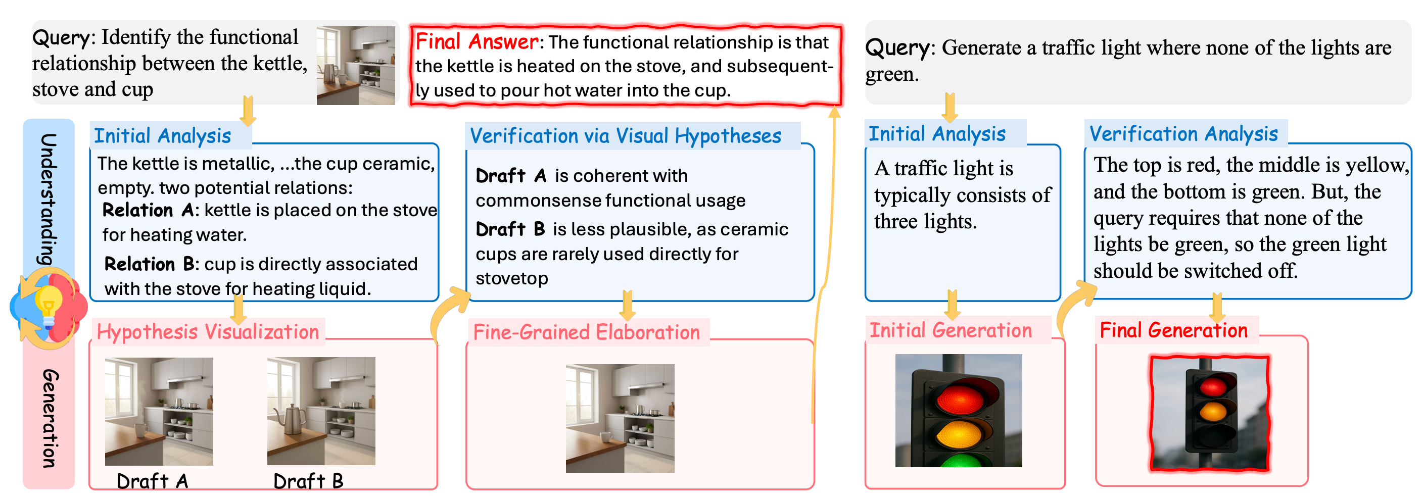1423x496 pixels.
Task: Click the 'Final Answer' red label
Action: (477, 41)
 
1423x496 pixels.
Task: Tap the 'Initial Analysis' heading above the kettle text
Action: (162, 135)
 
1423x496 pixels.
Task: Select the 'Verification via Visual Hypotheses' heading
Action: (625, 136)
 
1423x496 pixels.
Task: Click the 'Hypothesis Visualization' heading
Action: (208, 331)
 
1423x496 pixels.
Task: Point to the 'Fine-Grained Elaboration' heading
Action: (587, 332)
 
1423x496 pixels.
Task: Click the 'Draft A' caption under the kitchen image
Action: (153, 481)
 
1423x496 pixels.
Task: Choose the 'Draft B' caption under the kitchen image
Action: (308, 481)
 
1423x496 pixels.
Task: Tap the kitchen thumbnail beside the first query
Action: (356, 65)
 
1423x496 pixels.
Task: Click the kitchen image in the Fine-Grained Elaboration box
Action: (620, 418)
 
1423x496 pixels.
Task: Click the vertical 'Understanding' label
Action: (49, 199)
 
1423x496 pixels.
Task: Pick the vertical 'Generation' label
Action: (49, 418)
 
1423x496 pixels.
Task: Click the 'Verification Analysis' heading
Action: (1184, 134)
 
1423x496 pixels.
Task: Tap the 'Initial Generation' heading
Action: (951, 330)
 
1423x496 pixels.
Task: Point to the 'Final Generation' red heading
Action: (1174, 330)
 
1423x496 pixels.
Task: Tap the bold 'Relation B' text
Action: (149, 264)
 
